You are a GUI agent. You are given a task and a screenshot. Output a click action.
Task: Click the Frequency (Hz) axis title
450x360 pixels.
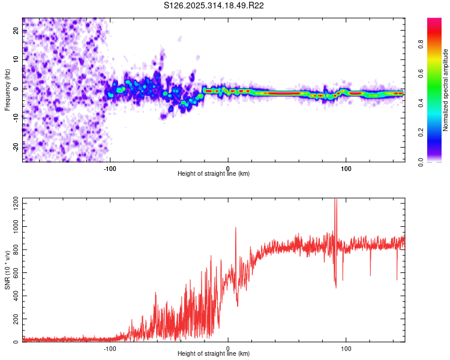tap(7, 89)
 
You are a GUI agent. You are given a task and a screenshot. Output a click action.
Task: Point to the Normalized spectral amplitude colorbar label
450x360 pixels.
tap(446, 90)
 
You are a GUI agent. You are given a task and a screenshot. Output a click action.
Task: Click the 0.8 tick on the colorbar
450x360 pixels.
tap(421, 44)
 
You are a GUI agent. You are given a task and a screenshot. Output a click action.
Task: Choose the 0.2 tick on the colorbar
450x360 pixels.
tap(421, 133)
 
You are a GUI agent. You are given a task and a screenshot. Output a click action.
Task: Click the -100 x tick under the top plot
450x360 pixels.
tap(110, 169)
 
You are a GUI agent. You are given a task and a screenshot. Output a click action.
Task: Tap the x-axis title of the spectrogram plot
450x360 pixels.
tap(214, 174)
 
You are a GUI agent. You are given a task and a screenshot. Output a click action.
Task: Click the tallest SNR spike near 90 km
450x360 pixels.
tap(335, 200)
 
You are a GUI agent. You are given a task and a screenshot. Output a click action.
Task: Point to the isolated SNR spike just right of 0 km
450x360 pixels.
tap(236, 228)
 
